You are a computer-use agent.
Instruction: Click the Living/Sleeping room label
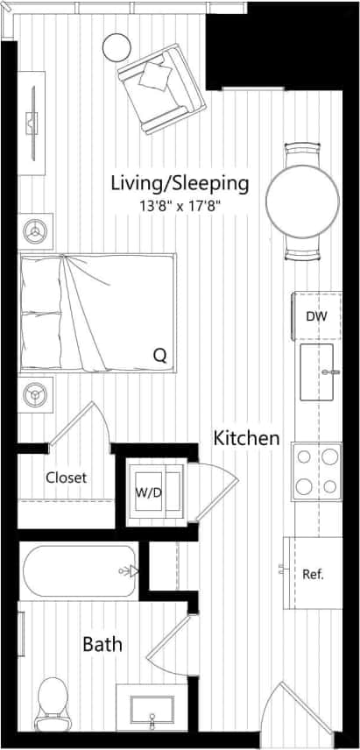[180, 184]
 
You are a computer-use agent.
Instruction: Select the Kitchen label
[247, 438]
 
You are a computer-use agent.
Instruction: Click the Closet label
[66, 478]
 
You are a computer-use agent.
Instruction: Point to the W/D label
[146, 492]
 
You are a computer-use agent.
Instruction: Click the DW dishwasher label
[316, 315]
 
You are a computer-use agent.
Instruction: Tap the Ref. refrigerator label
[314, 575]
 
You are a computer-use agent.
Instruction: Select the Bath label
[102, 645]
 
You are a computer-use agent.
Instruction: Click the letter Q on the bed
[159, 355]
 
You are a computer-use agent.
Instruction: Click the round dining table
[302, 202]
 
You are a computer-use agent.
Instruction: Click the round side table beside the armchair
[116, 46]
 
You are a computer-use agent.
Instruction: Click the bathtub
[79, 571]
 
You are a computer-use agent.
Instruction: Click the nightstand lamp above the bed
[36, 231]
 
